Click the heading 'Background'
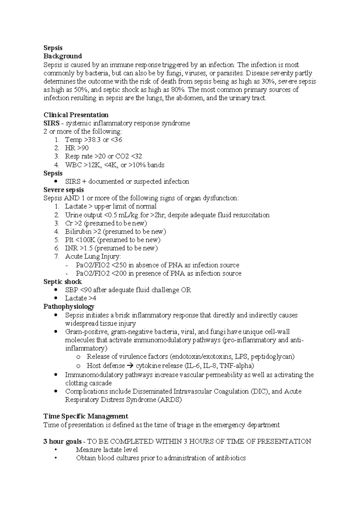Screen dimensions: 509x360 pos(63,56)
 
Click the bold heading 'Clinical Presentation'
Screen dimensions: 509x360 pos(76,115)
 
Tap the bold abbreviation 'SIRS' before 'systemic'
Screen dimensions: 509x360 pos(51,123)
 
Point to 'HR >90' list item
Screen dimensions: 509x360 pos(77,148)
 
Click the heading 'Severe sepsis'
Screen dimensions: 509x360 pos(64,190)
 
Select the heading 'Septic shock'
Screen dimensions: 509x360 pos(62,282)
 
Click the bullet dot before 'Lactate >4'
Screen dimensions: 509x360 pos(56,298)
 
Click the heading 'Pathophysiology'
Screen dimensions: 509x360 pos(69,307)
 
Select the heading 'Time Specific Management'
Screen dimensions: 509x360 pos(86,416)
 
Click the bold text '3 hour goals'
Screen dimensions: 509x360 pos(62,441)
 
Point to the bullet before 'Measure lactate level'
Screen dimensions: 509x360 pos(56,450)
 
